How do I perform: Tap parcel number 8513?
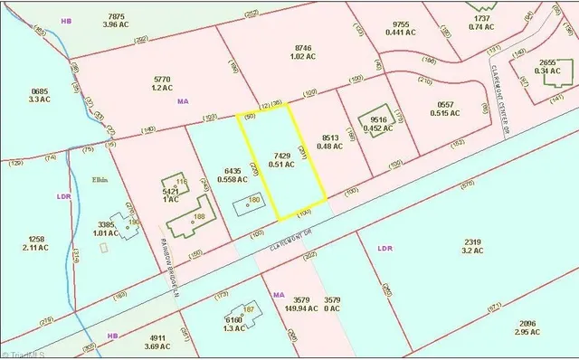tap(329, 137)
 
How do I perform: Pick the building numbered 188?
tap(198, 216)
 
